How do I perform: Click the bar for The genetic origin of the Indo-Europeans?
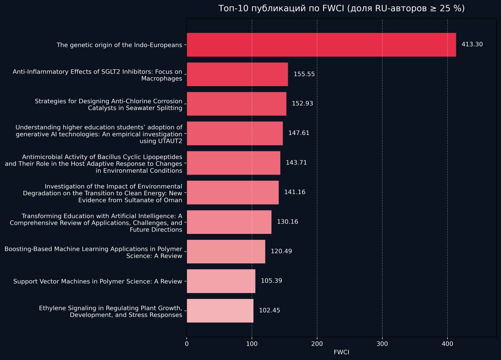[x=321, y=45]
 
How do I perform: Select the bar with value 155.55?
[x=237, y=74]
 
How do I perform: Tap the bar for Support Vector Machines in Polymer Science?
[x=221, y=281]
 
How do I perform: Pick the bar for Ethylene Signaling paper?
[x=220, y=311]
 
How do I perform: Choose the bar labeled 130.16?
[x=229, y=222]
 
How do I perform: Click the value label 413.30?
[x=472, y=45]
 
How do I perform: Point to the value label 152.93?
[x=302, y=104]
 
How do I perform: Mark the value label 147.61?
[x=299, y=133]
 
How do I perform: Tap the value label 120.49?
[x=281, y=251]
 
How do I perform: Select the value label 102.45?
[x=269, y=311]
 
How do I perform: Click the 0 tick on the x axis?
[x=187, y=344]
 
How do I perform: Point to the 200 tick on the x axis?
[x=317, y=344]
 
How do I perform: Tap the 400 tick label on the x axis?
[x=447, y=344]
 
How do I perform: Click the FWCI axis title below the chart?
[x=341, y=352]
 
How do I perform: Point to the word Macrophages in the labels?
[x=162, y=79]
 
